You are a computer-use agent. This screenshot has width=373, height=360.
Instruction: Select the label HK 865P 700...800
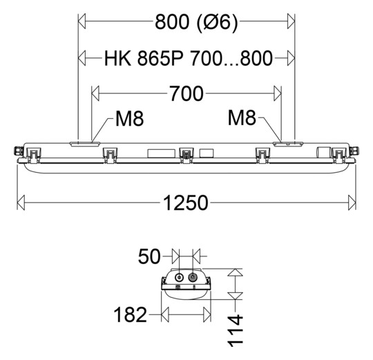click(188, 57)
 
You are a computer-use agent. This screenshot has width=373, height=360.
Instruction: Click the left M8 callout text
click(128, 119)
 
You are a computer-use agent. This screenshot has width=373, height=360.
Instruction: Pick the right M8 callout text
click(242, 119)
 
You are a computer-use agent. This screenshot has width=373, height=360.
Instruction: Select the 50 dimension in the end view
click(150, 256)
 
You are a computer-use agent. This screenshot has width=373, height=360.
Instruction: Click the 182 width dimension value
click(130, 315)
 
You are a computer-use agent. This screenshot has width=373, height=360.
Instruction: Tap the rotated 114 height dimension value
click(236, 330)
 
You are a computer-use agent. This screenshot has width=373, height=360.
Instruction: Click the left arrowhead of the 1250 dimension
click(21, 202)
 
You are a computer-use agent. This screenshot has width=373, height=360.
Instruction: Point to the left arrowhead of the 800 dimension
click(80, 22)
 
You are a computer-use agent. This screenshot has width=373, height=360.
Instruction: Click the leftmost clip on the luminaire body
click(32, 153)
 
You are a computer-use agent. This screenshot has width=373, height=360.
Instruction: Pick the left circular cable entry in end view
click(180, 278)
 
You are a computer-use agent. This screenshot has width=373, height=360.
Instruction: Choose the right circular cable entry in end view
click(193, 278)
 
